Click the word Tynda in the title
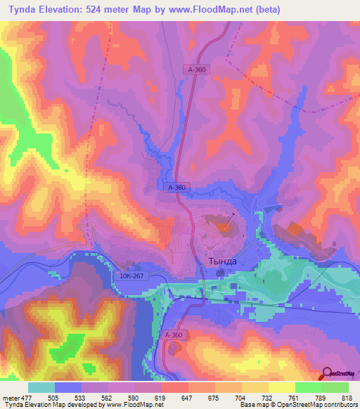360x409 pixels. click(22, 10)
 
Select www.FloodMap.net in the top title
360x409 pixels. click(227, 10)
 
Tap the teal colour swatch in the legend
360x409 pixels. click(41, 387)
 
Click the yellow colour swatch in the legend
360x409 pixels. click(281, 387)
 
